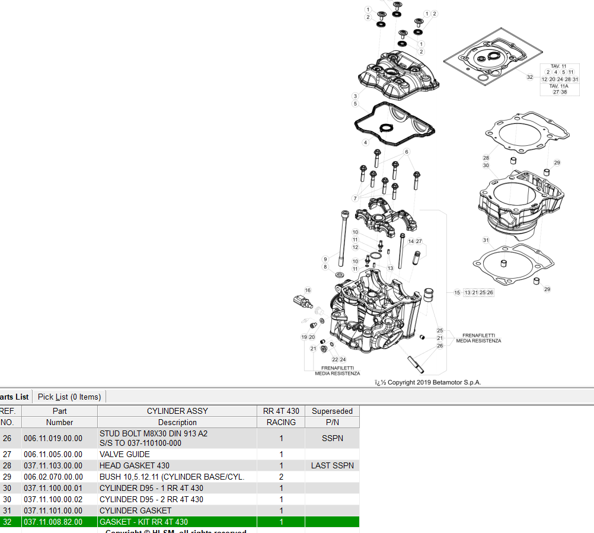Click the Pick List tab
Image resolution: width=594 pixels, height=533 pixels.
coord(69,397)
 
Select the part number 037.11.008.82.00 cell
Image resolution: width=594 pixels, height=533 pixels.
coord(53,522)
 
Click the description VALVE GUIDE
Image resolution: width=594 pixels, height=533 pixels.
coord(124,454)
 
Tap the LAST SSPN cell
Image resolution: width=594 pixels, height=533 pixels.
coord(332,465)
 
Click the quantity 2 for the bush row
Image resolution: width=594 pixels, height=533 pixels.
coord(281,477)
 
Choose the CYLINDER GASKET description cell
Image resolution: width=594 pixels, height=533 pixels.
coord(135,510)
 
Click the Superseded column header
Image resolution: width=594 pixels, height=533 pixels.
coord(332,411)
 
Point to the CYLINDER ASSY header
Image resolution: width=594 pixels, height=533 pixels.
coord(177,411)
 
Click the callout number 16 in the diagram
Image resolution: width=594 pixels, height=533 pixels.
coord(308,290)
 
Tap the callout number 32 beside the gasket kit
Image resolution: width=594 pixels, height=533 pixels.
coord(530,77)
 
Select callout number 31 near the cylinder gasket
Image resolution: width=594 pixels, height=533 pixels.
coord(486,240)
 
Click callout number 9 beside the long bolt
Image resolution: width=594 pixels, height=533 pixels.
coord(325,259)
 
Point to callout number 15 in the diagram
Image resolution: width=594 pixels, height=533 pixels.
coord(457,292)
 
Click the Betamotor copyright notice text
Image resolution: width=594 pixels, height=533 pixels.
coord(428,382)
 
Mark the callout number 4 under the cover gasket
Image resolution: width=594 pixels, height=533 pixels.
coord(366,142)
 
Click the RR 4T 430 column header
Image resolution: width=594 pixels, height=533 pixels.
coord(281,411)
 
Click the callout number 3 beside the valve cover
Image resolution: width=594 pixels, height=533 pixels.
coord(355,95)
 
